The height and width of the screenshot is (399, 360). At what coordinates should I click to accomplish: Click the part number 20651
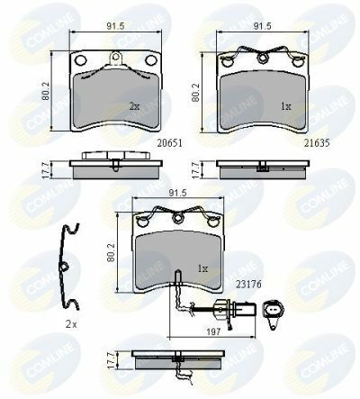point(170,143)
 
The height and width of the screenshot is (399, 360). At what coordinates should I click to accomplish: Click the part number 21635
point(317,143)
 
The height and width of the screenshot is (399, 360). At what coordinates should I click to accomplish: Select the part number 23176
point(248,284)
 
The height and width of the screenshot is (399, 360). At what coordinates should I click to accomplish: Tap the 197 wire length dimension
point(214,331)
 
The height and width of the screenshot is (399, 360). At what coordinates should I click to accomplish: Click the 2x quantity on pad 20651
point(134,106)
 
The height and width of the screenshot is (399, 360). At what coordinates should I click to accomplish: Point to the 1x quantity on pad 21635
point(286,106)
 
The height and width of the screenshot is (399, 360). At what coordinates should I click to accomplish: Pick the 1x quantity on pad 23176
point(202,268)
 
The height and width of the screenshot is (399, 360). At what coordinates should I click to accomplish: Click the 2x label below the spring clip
point(71,324)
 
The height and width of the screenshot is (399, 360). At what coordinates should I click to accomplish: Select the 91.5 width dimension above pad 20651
point(115,26)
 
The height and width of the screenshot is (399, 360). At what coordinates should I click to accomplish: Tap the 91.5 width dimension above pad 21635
point(262,26)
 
